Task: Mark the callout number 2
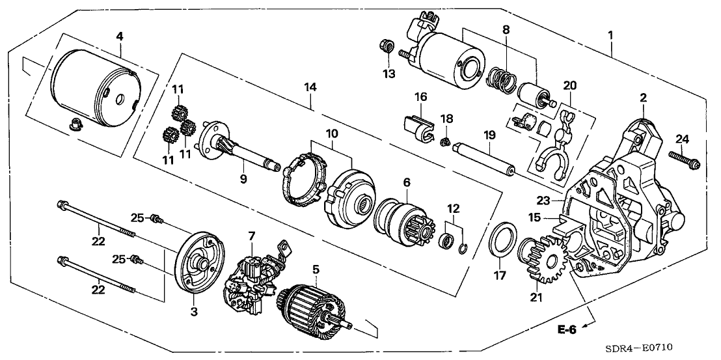click(x=643, y=98)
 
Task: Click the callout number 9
click(x=243, y=178)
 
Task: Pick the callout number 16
click(x=421, y=96)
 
